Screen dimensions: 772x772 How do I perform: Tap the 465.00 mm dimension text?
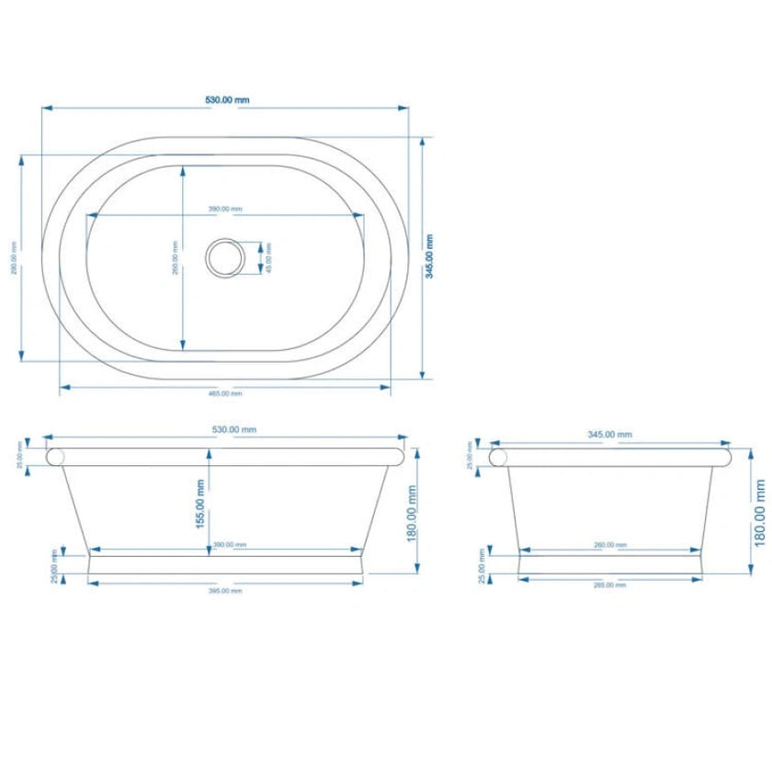point(224,393)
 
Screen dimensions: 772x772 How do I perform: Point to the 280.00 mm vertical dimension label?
point(14,258)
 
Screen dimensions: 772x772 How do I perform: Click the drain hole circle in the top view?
point(224,257)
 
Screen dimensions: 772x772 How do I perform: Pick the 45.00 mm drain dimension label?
point(268,258)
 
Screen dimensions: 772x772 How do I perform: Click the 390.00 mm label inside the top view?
point(225,210)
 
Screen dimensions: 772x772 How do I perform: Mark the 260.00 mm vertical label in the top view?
point(175,257)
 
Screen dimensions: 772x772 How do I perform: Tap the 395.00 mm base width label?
point(226,590)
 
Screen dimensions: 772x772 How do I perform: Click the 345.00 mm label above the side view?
point(610,435)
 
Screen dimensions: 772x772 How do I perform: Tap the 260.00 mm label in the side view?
point(605,545)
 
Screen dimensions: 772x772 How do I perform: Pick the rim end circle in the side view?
point(500,457)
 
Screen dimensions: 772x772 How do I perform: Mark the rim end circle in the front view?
point(56,457)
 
